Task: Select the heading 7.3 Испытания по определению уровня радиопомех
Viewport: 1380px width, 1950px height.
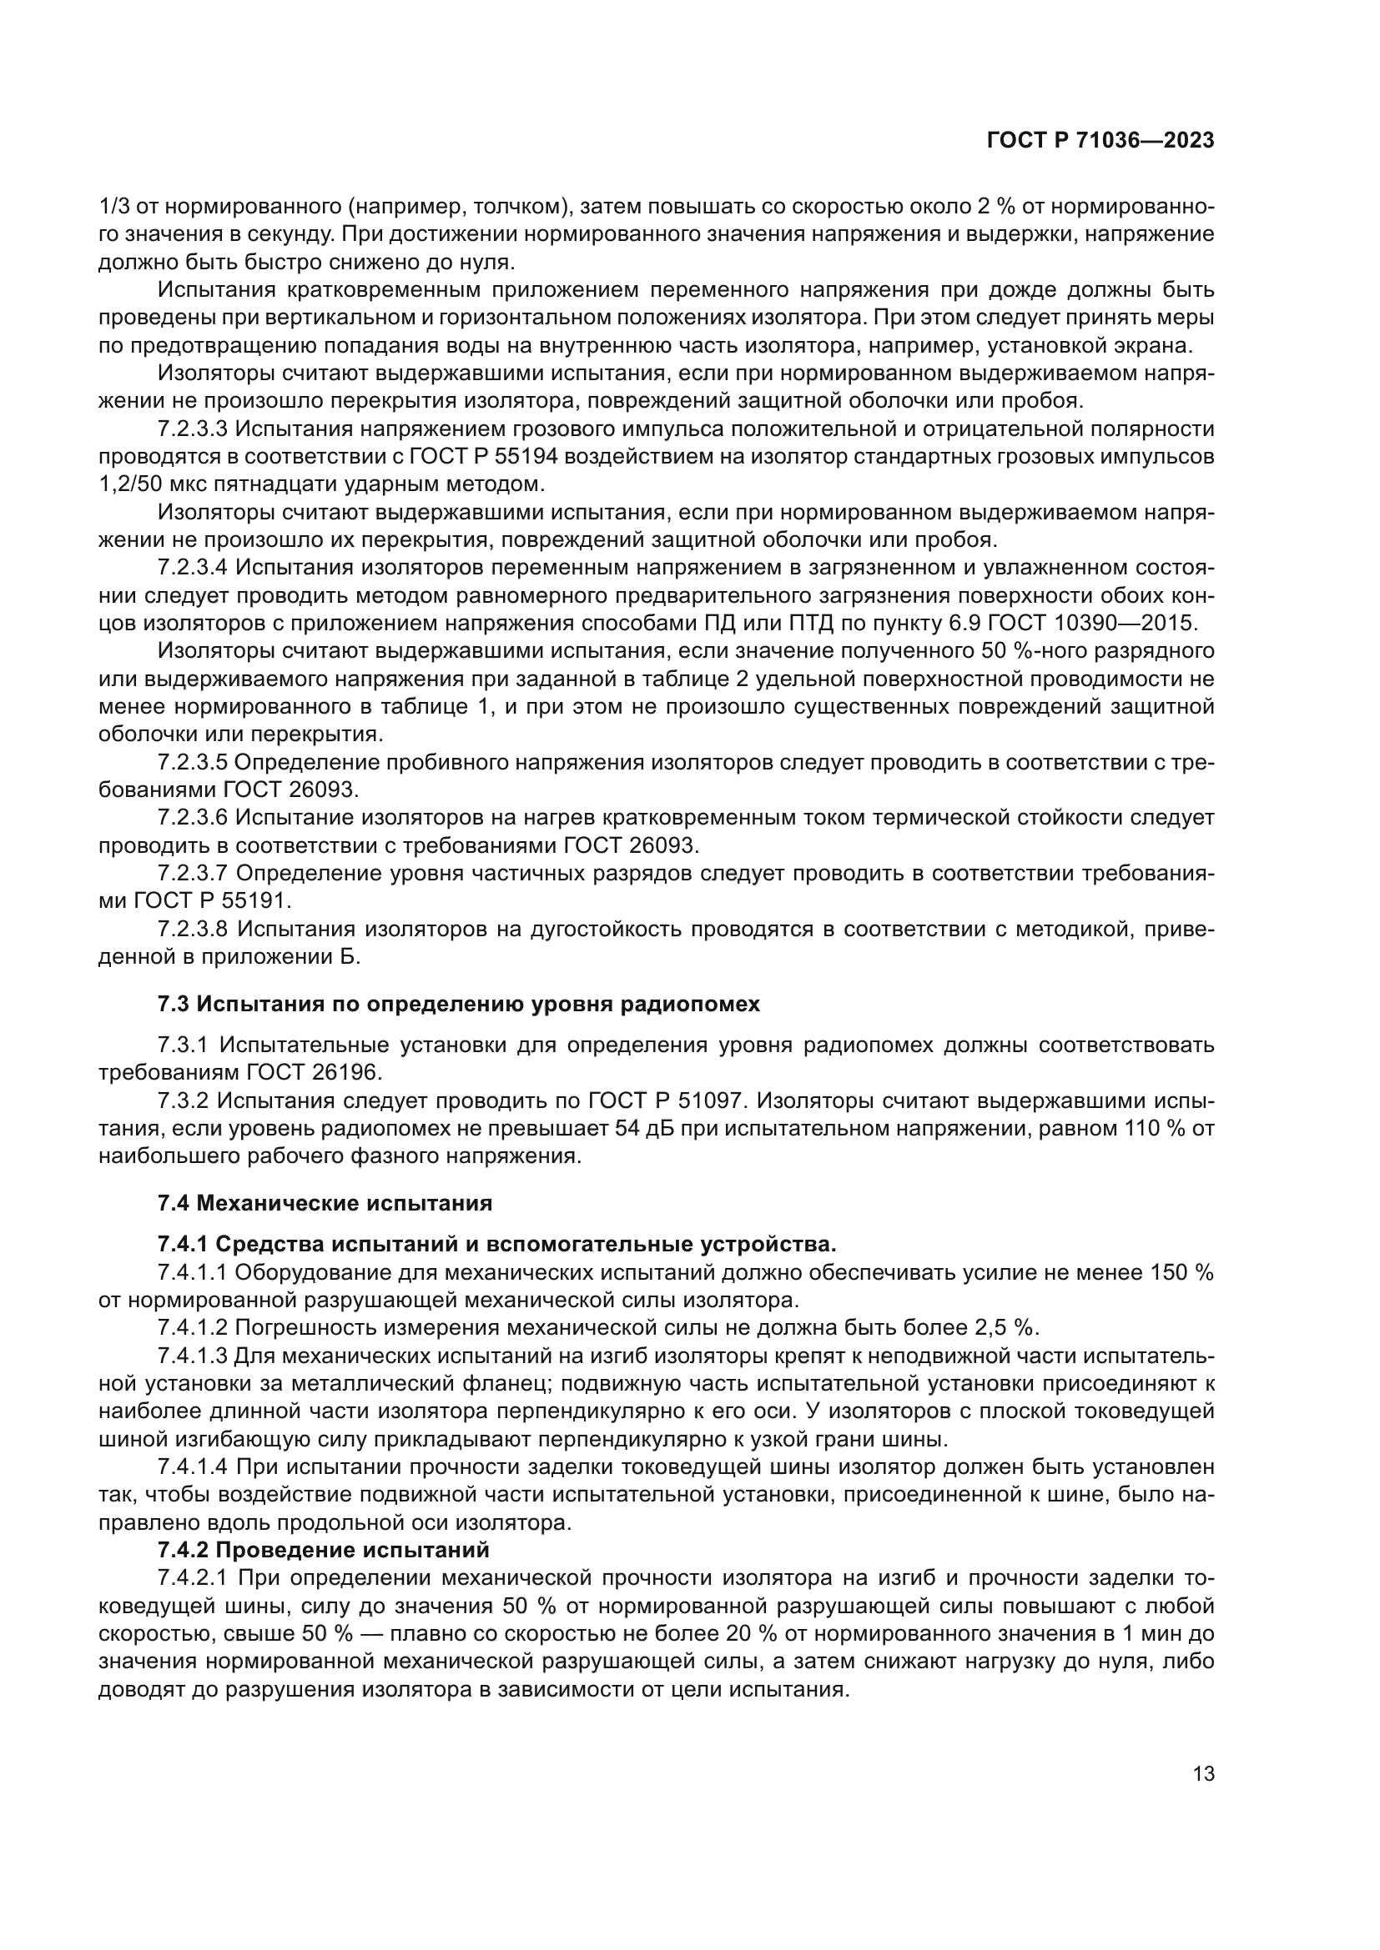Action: click(x=459, y=1004)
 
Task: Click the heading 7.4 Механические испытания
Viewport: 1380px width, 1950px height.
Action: click(x=325, y=1203)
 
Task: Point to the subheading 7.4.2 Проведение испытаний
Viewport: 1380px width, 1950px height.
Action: click(x=323, y=1550)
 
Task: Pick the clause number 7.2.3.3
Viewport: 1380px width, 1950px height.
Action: click(x=193, y=429)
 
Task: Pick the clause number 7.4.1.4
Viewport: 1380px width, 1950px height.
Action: click(x=193, y=1466)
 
